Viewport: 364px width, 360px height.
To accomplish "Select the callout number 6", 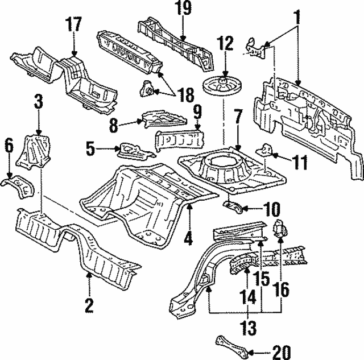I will [x=9, y=146].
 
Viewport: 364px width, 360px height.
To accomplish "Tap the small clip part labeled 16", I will [x=280, y=227].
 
